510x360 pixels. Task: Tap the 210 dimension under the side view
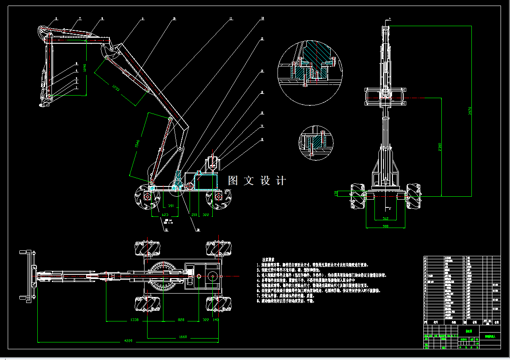tap(194, 215)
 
